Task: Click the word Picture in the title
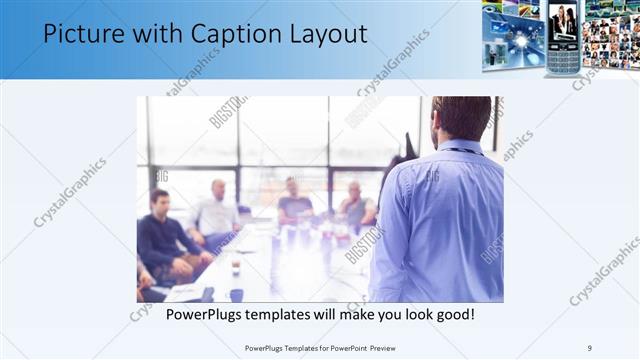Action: [x=87, y=37]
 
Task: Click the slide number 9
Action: [x=591, y=347]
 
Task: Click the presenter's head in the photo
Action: [x=461, y=118]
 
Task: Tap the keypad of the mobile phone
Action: [x=563, y=58]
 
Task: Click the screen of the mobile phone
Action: [x=563, y=23]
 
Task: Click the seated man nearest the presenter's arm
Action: [x=355, y=206]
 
